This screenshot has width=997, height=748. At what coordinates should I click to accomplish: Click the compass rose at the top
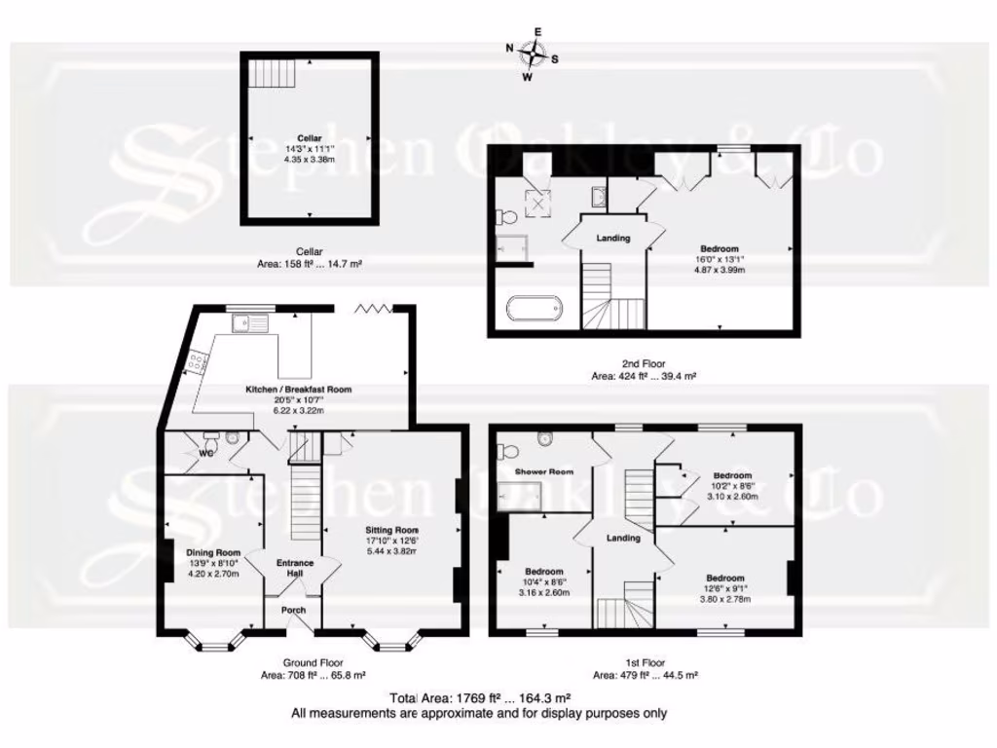click(532, 55)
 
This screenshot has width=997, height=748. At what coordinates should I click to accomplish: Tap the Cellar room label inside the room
click(309, 137)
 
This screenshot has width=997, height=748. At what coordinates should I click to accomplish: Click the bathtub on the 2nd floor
click(534, 309)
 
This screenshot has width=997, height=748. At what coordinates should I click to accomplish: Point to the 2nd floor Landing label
click(612, 238)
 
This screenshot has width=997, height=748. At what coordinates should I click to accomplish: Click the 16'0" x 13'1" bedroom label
click(719, 248)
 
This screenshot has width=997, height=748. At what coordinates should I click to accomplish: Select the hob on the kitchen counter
click(198, 363)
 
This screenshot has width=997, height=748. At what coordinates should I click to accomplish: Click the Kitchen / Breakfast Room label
click(298, 390)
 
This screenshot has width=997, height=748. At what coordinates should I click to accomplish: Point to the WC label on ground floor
click(206, 453)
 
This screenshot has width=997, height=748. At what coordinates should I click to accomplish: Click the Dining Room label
click(213, 552)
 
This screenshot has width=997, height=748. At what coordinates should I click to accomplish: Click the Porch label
click(294, 611)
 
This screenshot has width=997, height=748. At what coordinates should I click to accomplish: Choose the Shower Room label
click(544, 471)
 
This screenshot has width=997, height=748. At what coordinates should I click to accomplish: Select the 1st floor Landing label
click(623, 538)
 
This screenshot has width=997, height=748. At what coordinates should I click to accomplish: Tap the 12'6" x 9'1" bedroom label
click(725, 578)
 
